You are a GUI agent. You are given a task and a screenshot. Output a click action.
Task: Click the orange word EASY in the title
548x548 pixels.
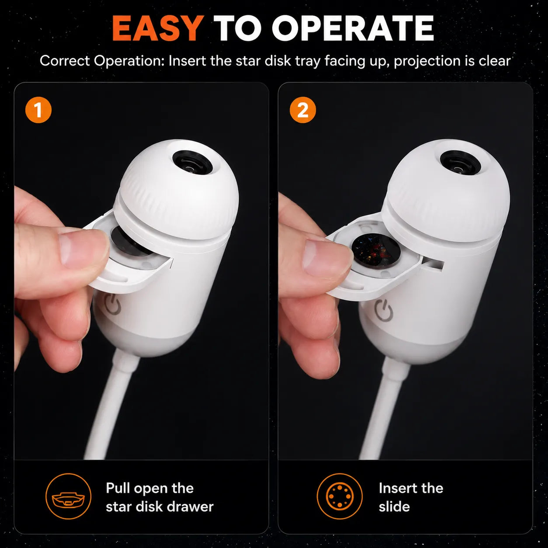click(158, 28)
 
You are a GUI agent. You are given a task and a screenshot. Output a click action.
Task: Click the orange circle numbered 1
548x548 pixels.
click(38, 110)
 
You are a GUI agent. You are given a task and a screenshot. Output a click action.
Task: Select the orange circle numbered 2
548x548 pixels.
click(302, 110)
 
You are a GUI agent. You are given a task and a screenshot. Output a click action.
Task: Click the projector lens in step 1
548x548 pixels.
click(193, 162)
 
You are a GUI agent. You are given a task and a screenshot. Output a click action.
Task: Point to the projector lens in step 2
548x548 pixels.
click(460, 162)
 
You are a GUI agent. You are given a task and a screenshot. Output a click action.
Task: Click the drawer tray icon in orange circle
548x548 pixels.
click(68, 496)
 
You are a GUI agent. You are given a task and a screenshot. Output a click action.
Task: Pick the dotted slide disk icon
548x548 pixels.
click(340, 496)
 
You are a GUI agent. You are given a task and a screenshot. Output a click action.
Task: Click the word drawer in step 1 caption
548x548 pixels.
click(190, 506)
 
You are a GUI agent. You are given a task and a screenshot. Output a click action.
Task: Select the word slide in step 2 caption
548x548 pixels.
click(394, 506)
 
